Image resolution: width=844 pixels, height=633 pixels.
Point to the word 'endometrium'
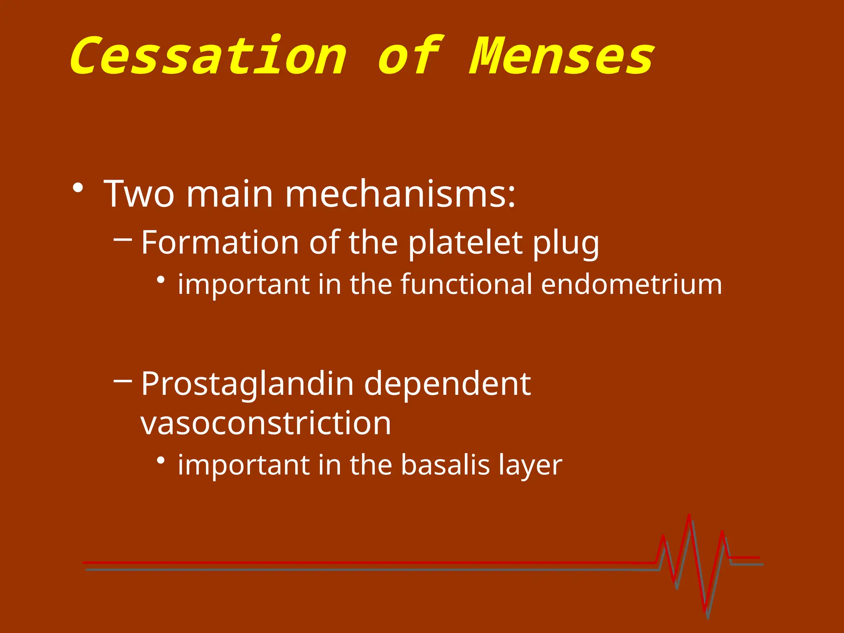(631, 284)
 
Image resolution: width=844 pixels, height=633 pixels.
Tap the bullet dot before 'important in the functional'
(161, 280)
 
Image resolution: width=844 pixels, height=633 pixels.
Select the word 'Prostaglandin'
(247, 384)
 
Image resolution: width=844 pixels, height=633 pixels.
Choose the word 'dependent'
(447, 384)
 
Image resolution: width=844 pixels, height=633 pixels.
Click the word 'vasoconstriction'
(266, 423)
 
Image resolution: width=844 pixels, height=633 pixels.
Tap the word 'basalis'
(445, 465)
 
